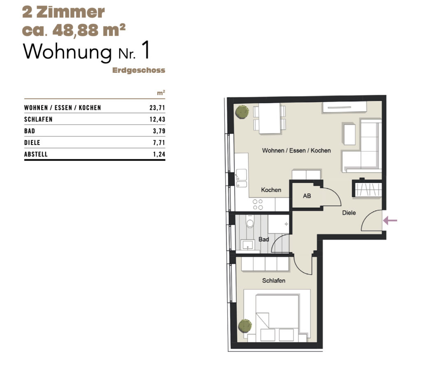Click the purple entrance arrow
(x=390, y=221)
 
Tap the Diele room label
(x=349, y=213)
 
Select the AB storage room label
(x=307, y=196)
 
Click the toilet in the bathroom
(x=250, y=222)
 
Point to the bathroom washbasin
(x=247, y=245)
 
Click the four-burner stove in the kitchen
(x=258, y=205)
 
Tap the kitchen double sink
(x=241, y=178)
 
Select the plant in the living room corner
(x=242, y=112)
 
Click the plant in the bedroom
(x=245, y=326)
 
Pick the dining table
(x=269, y=118)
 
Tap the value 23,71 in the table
(x=157, y=108)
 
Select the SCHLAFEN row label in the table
(x=38, y=119)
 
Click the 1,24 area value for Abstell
(x=159, y=154)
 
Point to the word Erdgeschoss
(x=139, y=70)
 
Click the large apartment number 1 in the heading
(x=145, y=50)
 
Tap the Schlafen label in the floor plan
(x=273, y=281)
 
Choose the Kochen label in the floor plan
(x=271, y=190)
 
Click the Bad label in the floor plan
(x=264, y=239)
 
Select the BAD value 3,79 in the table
(x=159, y=131)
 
